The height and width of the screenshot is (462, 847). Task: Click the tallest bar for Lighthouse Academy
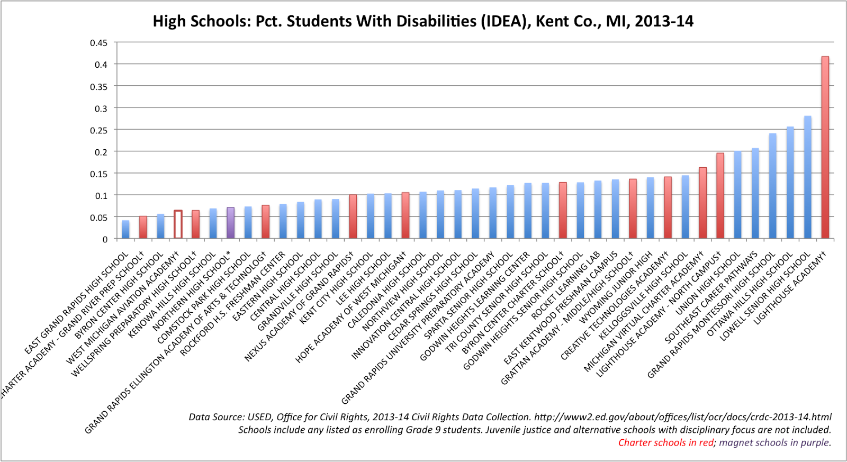825,148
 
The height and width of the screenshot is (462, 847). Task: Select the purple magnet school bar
230,223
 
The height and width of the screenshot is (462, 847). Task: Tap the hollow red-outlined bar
178,224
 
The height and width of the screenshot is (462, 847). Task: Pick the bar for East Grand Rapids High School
125,230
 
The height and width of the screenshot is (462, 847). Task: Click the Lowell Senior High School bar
807,177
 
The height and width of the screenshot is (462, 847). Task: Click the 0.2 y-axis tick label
101,152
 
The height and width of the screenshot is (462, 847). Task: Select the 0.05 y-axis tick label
98,218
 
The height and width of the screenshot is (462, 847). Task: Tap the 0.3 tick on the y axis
101,108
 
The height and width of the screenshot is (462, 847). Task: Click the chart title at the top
423,21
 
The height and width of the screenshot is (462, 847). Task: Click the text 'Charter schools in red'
665,443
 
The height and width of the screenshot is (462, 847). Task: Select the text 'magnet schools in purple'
774,443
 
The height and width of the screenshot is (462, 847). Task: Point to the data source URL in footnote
682,418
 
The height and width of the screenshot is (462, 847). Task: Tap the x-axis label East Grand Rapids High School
77,303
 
